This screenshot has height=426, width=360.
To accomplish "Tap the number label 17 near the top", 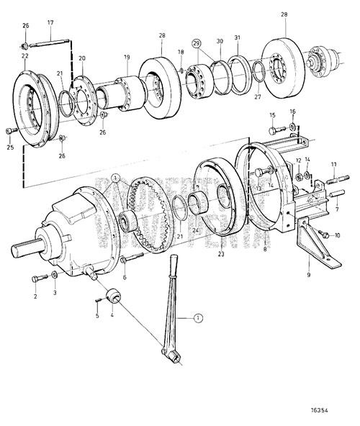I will [50, 22].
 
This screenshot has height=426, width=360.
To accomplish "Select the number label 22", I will [24, 56].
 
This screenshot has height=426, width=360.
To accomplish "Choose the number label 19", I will [127, 57].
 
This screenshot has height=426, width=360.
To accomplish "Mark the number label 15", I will [272, 115].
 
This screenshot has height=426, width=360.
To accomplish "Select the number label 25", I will [10, 148].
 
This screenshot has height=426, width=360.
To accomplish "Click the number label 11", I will [333, 165].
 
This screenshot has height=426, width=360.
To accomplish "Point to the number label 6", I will [125, 278].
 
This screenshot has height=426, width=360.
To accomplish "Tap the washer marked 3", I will [55, 276].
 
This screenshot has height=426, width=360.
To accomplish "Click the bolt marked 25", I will [10, 130].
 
